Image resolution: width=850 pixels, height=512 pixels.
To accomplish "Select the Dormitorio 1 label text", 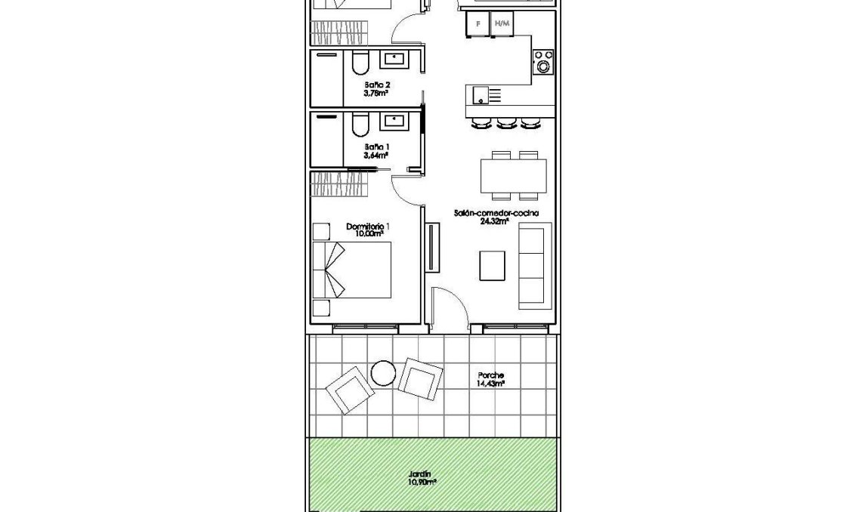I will coord(367,227).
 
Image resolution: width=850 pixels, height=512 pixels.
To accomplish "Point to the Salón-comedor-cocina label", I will coord(496,214).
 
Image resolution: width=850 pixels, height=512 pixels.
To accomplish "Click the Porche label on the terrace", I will coord(490,375).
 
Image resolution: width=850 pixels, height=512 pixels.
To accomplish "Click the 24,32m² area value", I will coord(495,222).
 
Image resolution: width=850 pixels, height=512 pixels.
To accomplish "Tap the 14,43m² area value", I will coord(490,384).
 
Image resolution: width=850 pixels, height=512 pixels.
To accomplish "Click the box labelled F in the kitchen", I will coord(476,24).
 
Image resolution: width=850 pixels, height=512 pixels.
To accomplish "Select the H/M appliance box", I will coord(501,24).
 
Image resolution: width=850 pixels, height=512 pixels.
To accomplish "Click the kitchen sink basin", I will coord(479,95).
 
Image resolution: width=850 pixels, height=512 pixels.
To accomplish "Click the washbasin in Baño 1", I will coord(394,120).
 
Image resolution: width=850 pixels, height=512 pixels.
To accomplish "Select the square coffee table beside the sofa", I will coord(493,266).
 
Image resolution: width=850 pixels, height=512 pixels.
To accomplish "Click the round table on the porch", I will coord(384,372).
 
